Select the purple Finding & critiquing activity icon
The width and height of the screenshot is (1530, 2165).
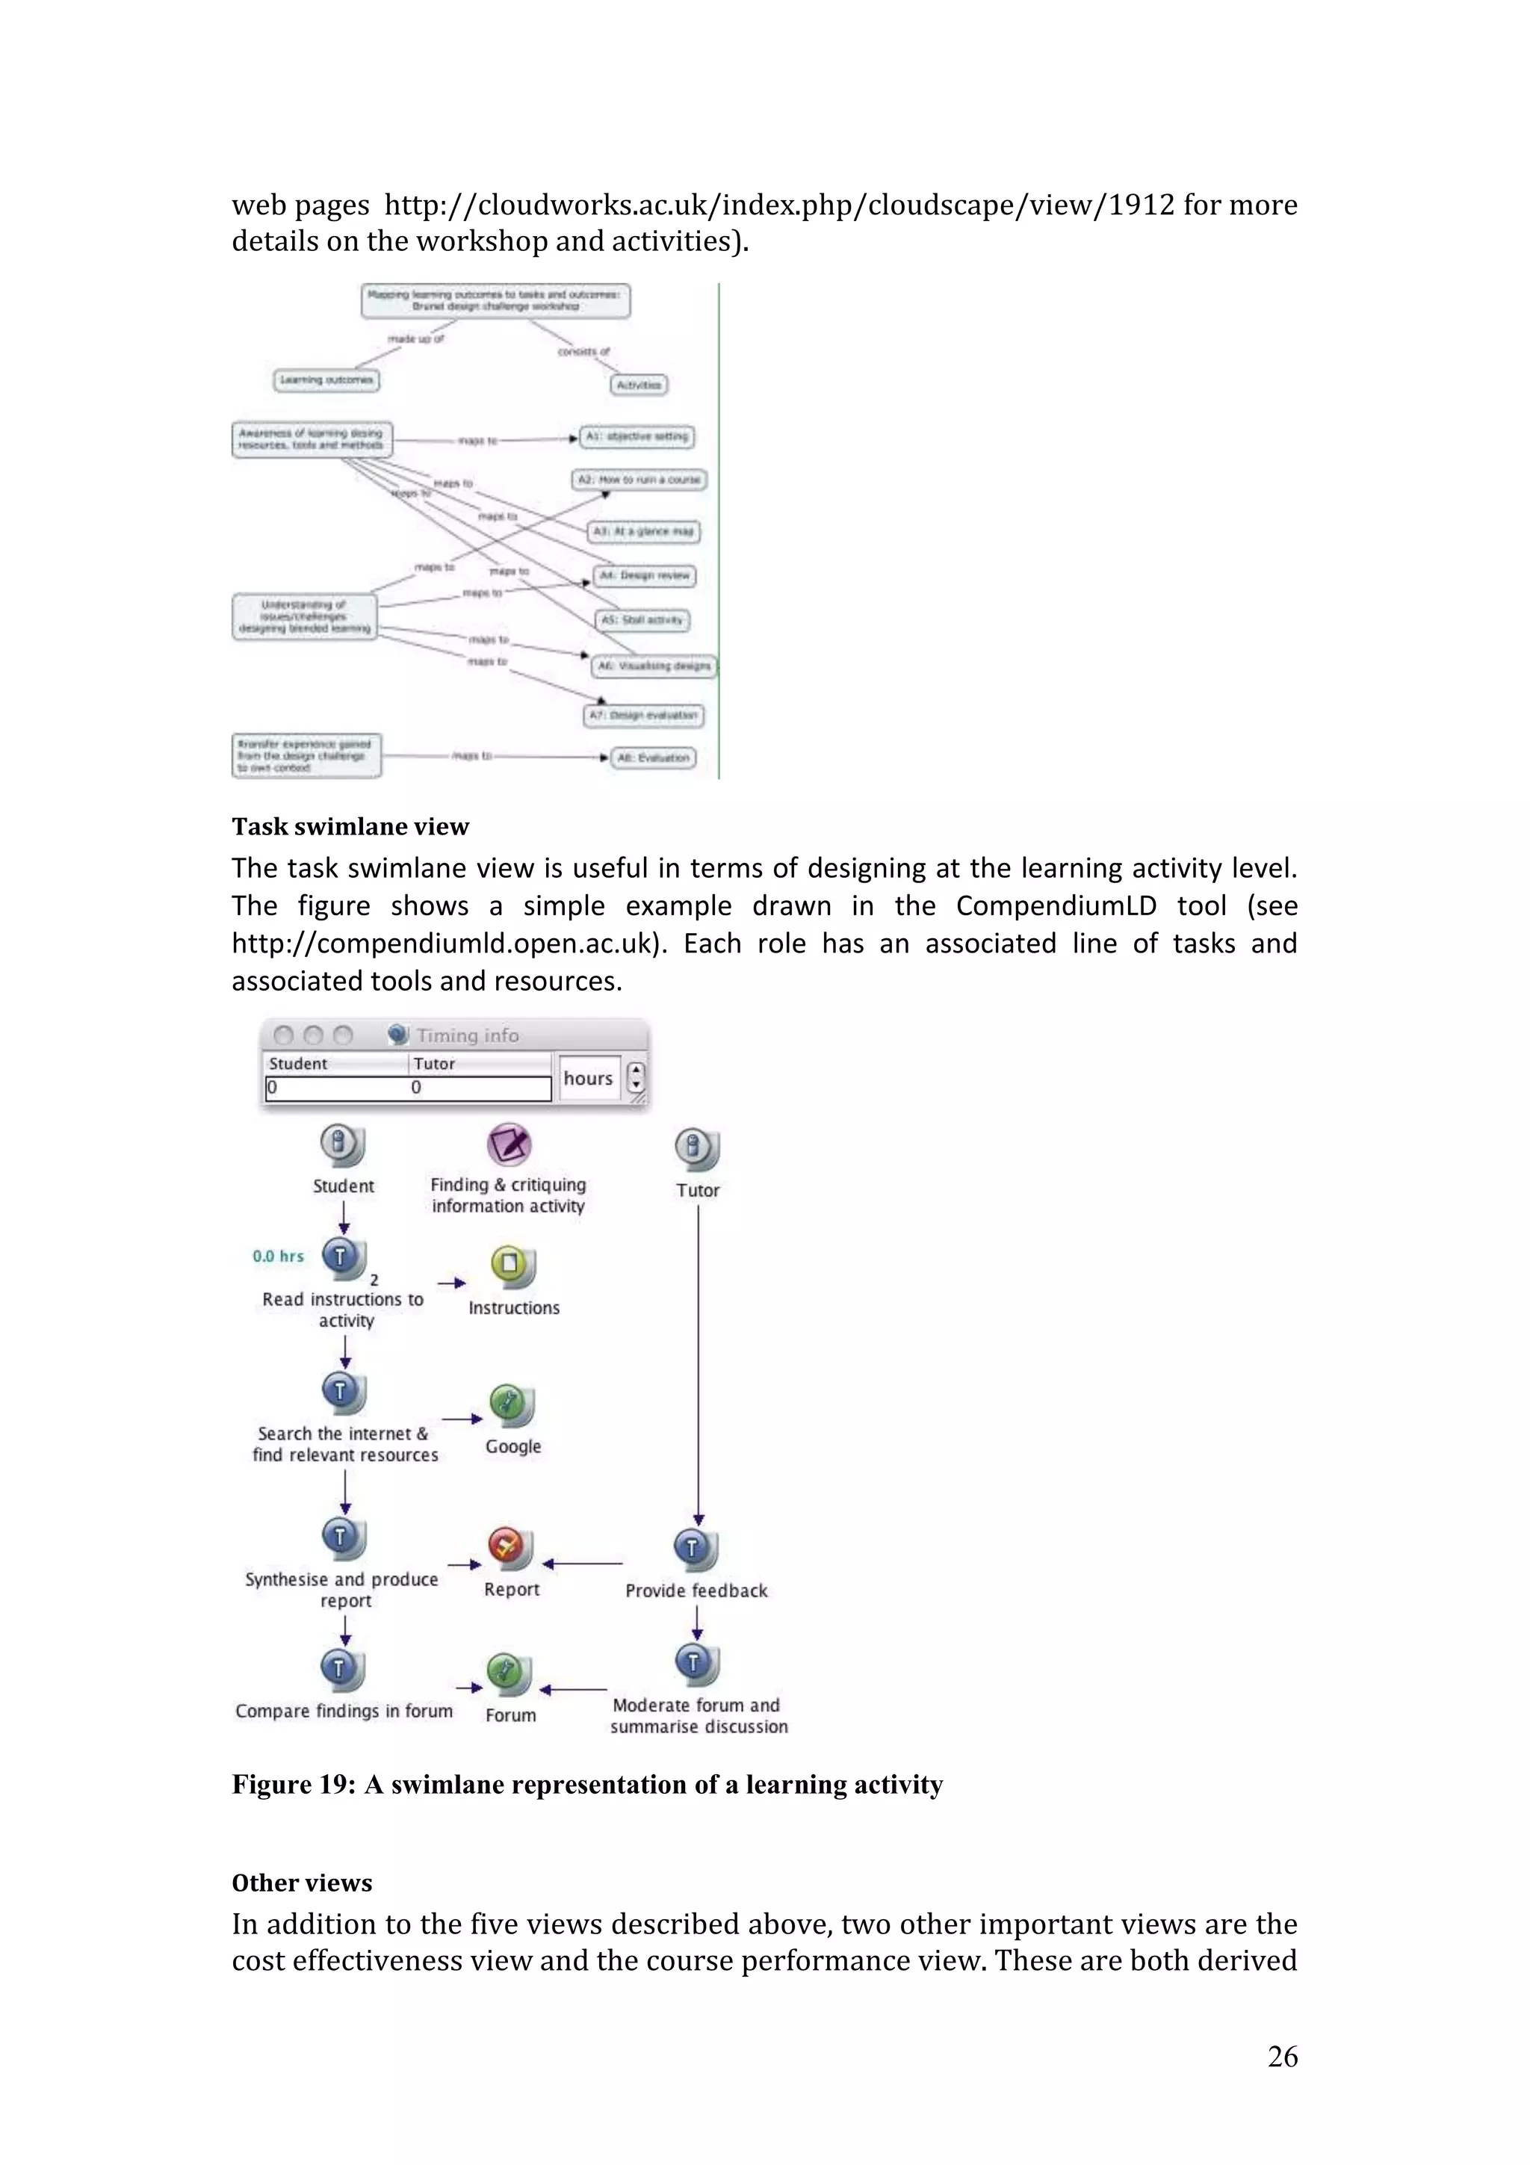(509, 1144)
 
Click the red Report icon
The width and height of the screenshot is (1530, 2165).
(508, 1546)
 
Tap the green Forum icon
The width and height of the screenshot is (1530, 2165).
(507, 1673)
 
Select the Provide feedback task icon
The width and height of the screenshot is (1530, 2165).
(695, 1549)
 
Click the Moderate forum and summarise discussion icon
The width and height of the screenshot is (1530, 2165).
(696, 1664)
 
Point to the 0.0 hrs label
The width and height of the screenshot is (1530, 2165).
(278, 1256)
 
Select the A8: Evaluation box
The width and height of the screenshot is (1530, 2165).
(652, 758)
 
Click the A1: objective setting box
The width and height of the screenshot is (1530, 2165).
(637, 436)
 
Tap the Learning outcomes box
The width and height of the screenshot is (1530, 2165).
(326, 380)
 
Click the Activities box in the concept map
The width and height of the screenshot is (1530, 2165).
(638, 385)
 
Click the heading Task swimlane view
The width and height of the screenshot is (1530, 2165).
(350, 826)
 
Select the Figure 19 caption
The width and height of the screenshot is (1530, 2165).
(586, 1784)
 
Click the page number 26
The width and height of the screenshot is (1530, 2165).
(1281, 2056)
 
